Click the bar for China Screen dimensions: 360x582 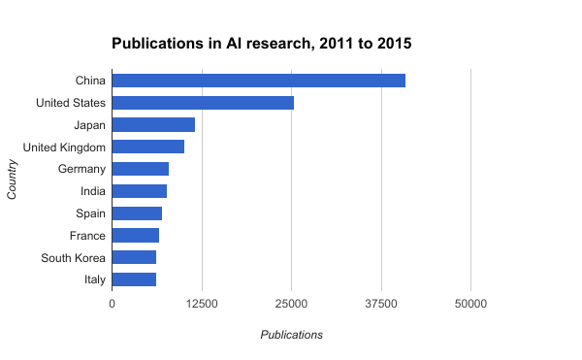[259, 81]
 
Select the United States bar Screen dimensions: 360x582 [203, 103]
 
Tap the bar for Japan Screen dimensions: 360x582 [153, 124]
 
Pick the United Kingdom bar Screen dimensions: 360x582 [148, 147]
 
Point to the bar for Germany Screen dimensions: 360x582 [141, 169]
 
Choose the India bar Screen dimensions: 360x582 [140, 191]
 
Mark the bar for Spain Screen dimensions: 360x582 [137, 213]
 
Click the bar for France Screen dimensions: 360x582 [136, 235]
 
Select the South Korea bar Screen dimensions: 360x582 [134, 257]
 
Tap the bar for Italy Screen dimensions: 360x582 [134, 279]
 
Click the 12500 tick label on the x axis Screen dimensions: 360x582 [202, 304]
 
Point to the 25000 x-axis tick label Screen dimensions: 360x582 [291, 304]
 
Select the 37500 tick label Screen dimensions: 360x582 [381, 304]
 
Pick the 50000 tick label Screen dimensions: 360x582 [470, 304]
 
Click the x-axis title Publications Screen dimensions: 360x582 [291, 335]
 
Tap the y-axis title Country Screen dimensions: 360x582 [12, 180]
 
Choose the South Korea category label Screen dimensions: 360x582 [73, 257]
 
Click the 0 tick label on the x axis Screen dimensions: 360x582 [113, 304]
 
